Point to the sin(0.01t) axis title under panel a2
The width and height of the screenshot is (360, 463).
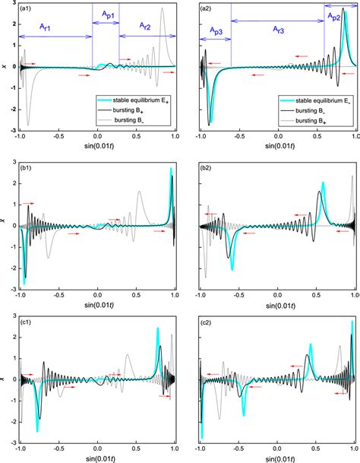pyautogui.click(x=278, y=147)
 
